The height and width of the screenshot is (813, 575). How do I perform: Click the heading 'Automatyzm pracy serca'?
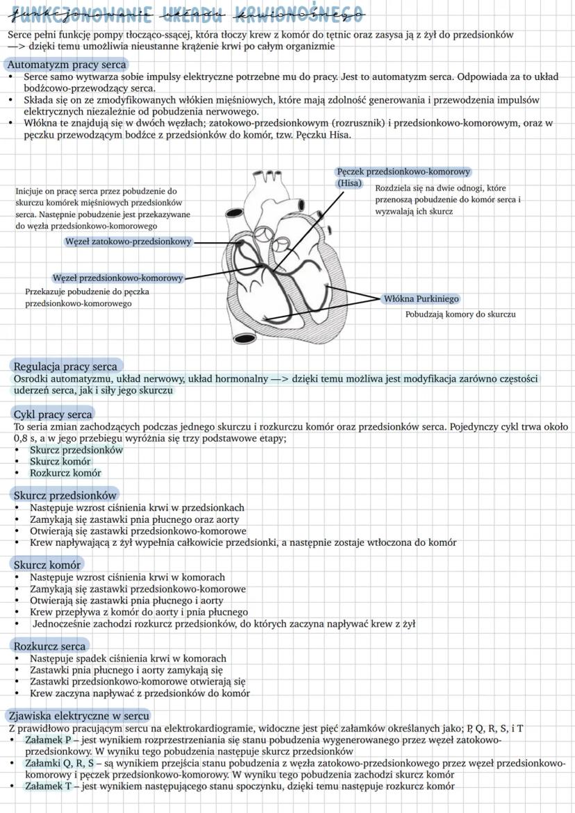67,65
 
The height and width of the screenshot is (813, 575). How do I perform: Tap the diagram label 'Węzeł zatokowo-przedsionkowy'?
128,242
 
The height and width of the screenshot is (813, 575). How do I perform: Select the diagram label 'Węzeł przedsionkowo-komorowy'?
118,278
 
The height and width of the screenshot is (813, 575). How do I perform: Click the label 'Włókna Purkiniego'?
422,299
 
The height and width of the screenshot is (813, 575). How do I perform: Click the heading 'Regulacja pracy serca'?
66,366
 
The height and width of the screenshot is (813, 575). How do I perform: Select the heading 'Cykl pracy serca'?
53,414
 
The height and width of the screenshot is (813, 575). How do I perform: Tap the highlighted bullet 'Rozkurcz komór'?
65,473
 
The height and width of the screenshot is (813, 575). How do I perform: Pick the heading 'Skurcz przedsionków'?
65,495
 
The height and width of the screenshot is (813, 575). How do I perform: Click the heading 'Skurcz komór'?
47,564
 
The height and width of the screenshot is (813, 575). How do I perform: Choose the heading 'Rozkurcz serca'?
49,646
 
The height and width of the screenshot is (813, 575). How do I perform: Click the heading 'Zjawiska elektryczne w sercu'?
78,715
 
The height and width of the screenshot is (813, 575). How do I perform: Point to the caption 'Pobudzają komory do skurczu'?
460,315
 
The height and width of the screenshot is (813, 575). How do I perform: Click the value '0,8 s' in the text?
26,439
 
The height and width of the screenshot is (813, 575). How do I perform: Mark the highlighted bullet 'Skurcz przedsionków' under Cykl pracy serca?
76,450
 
